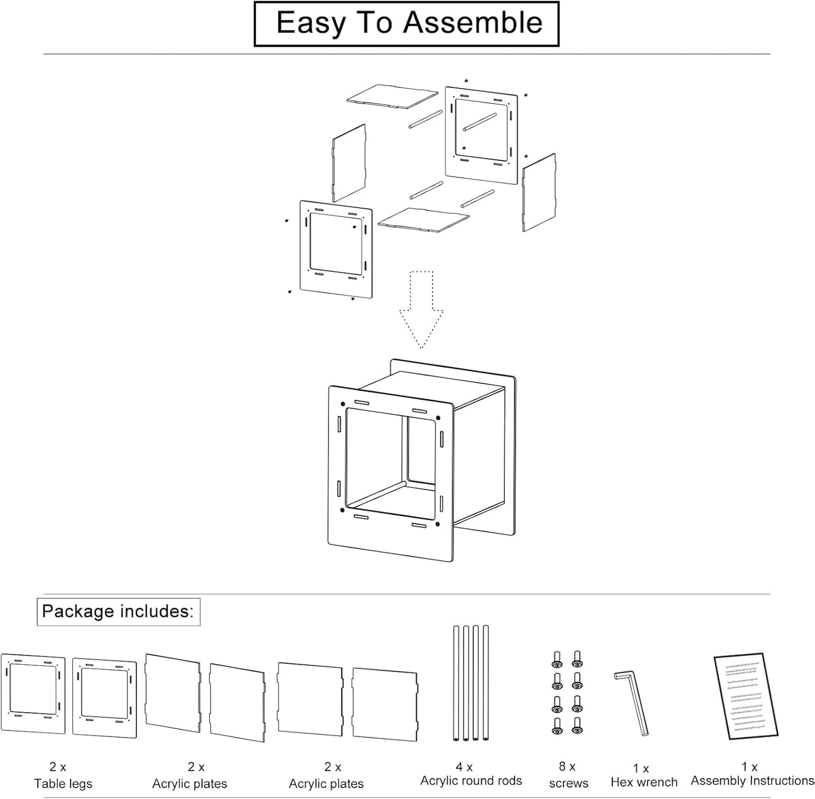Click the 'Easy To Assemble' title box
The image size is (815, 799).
click(x=406, y=24)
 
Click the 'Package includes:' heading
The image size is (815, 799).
click(x=118, y=612)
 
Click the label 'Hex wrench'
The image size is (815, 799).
click(x=644, y=782)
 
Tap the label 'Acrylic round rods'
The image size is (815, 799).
click(x=471, y=780)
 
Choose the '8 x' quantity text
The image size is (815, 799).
click(x=567, y=766)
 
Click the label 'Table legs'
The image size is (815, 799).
click(x=63, y=783)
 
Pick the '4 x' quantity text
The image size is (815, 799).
click(x=464, y=767)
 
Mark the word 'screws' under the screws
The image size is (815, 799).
click(x=569, y=783)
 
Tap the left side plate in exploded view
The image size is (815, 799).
click(x=349, y=163)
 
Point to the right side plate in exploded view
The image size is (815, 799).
click(x=539, y=192)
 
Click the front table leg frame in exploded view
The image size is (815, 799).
click(x=336, y=248)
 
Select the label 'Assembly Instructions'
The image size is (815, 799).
click(x=752, y=780)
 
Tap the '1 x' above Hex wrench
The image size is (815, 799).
click(x=641, y=768)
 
